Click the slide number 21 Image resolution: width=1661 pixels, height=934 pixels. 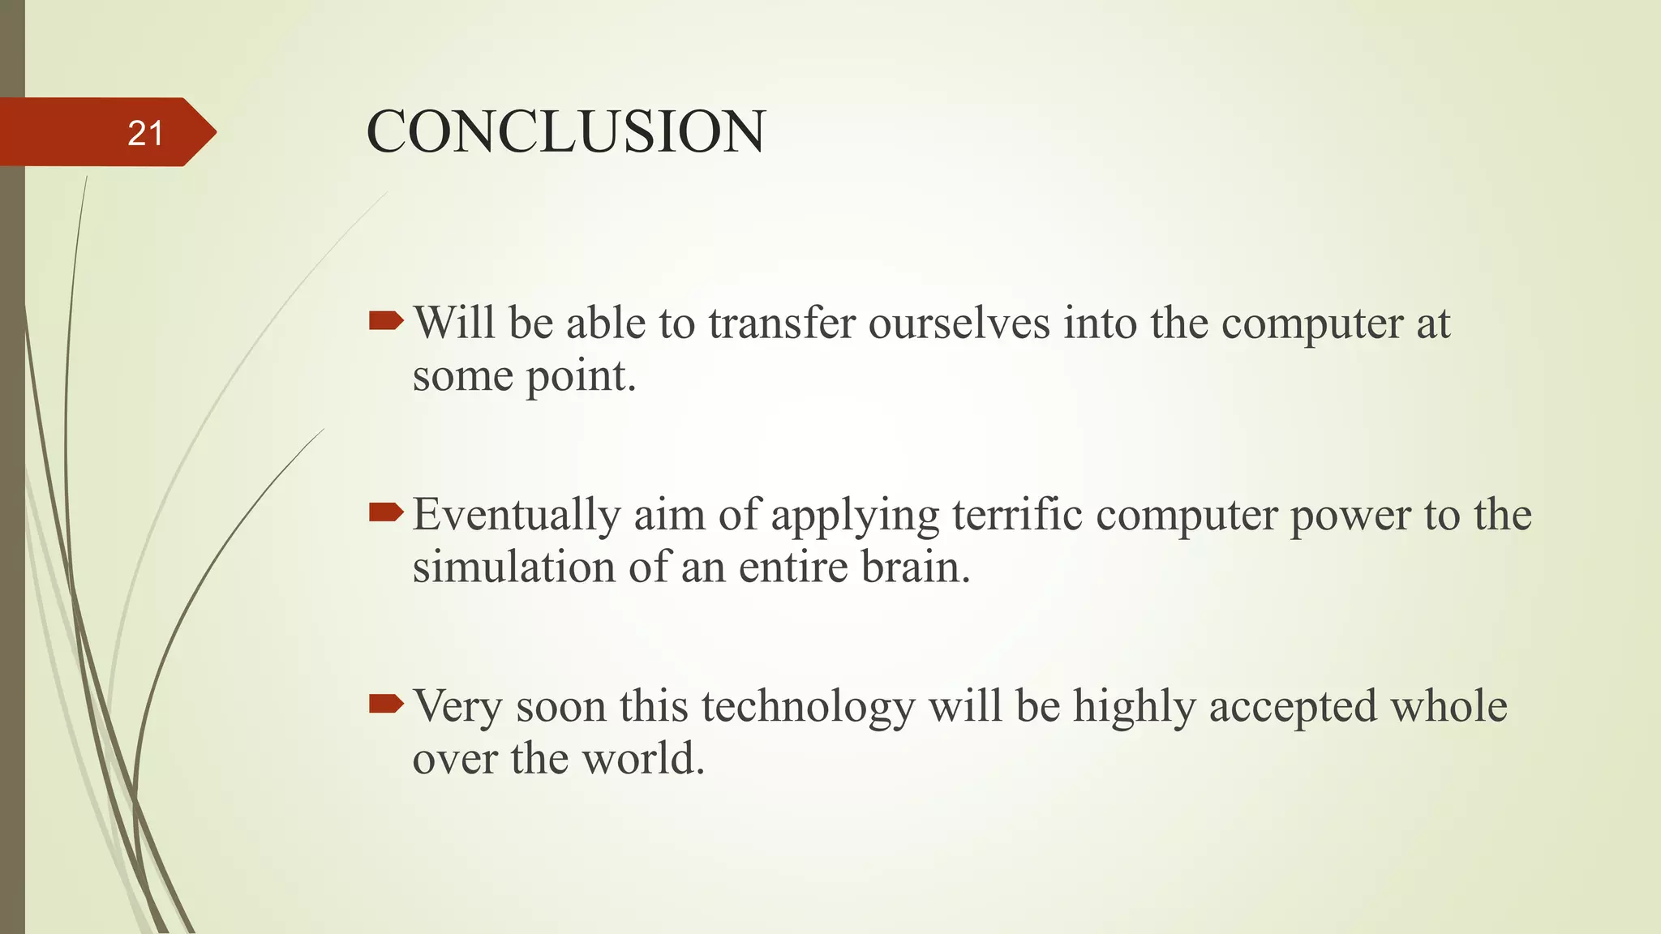[146, 133]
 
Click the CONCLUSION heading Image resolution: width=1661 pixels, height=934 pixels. [565, 131]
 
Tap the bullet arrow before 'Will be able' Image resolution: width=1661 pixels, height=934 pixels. [385, 322]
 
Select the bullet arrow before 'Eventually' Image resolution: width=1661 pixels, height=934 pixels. [385, 512]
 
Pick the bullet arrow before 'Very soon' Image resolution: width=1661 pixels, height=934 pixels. [385, 704]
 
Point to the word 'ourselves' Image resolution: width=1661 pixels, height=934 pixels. [959, 323]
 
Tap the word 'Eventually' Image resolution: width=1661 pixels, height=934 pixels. [517, 516]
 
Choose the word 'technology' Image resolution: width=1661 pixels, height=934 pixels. [808, 707]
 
